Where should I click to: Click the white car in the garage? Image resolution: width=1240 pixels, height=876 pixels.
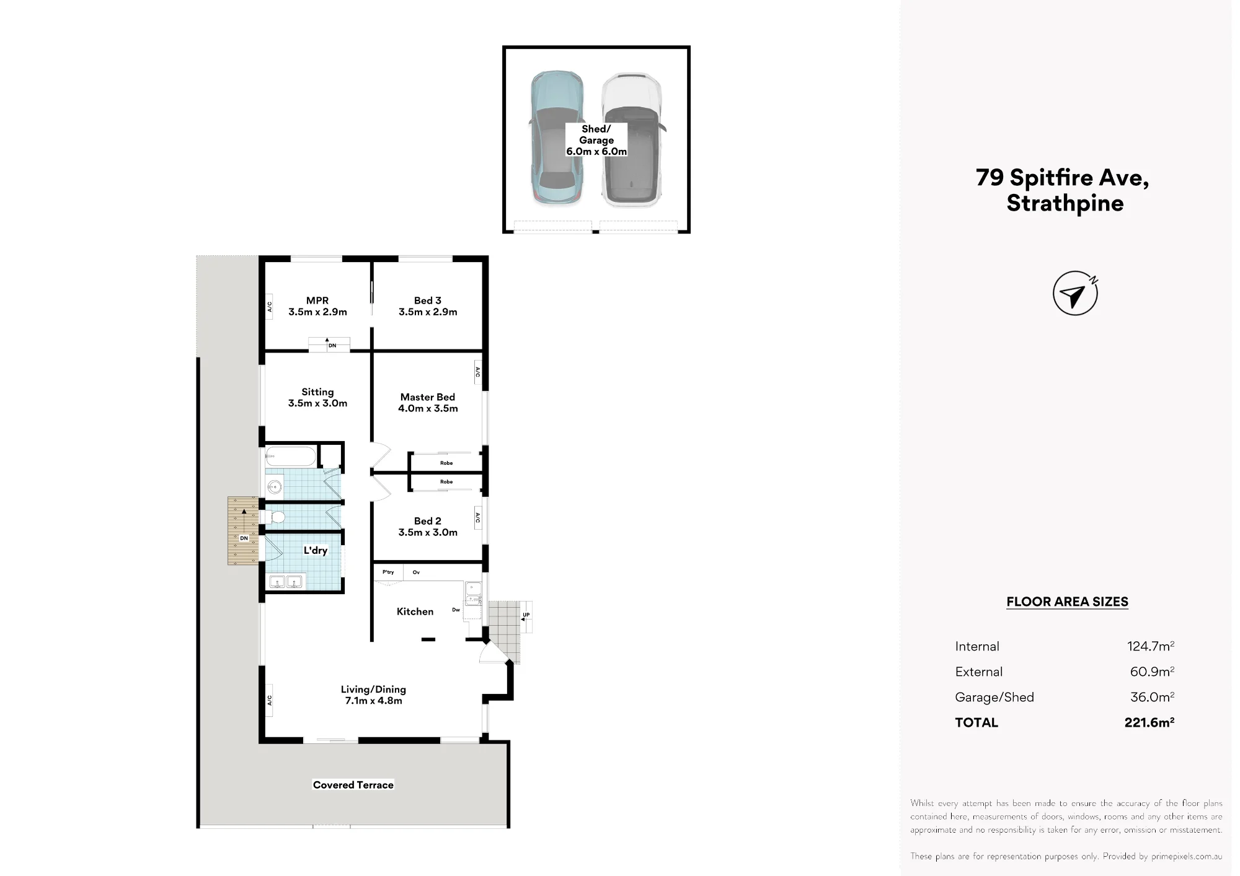[632, 139]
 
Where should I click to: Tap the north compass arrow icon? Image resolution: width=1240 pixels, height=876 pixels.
[1075, 293]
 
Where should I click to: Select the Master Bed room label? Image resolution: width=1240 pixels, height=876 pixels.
[428, 403]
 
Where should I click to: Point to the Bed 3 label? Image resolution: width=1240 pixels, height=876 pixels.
[428, 306]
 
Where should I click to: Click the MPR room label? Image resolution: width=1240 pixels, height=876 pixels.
[317, 306]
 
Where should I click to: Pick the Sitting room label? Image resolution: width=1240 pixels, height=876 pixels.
[317, 397]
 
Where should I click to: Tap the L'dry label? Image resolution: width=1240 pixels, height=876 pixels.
[316, 550]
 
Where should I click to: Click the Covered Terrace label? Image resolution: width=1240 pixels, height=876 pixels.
[353, 785]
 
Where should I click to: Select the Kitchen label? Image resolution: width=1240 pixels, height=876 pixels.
[415, 611]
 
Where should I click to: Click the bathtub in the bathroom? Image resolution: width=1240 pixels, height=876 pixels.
[291, 457]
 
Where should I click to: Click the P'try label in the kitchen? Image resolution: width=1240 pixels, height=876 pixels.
[388, 572]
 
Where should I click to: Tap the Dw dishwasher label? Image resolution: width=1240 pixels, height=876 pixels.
[456, 610]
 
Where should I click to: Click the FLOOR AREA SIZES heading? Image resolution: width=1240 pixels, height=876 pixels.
[1067, 602]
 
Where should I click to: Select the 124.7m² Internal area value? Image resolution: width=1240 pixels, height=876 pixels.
[1151, 646]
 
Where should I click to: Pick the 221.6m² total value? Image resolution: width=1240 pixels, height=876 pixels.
[1149, 722]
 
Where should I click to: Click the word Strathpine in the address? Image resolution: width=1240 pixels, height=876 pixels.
[1065, 203]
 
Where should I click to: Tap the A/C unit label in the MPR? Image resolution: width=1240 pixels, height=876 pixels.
[269, 307]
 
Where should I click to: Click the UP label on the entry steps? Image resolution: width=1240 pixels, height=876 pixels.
[526, 615]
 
